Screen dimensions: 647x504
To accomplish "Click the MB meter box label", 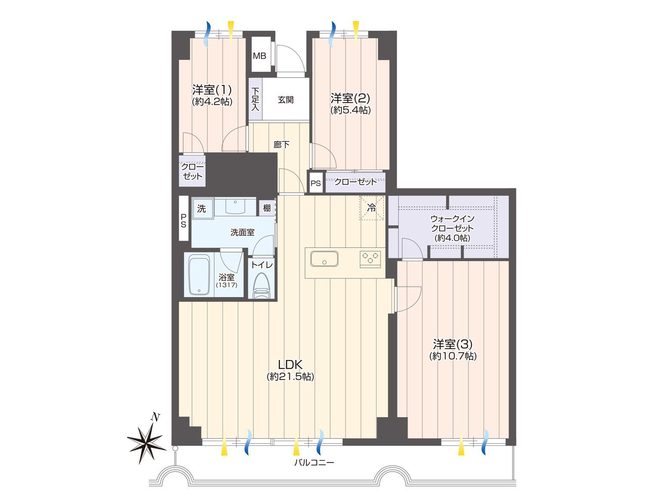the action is [260, 56].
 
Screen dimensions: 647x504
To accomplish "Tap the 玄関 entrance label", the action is [285, 100].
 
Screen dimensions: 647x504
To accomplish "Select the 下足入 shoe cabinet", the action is [255, 99].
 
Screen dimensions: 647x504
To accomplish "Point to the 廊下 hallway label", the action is [281, 145].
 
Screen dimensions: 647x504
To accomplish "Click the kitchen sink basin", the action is [324, 258].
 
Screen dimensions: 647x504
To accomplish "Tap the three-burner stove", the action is [370, 259].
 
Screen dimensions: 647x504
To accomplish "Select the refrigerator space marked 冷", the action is [372, 208].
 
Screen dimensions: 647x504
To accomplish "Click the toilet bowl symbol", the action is [261, 285].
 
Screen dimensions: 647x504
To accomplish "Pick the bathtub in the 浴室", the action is [199, 275].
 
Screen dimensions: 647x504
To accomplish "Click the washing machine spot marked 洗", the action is [202, 208].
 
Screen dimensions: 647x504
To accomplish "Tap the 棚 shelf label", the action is [267, 208].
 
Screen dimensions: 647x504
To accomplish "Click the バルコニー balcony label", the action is [314, 462].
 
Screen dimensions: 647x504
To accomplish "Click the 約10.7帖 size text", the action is [453, 356].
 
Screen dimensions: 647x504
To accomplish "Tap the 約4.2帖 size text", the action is [212, 102].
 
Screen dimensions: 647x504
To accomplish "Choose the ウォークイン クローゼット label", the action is [452, 223].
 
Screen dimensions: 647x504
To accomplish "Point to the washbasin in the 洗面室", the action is [235, 206].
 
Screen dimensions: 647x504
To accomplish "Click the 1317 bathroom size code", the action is [227, 285].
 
